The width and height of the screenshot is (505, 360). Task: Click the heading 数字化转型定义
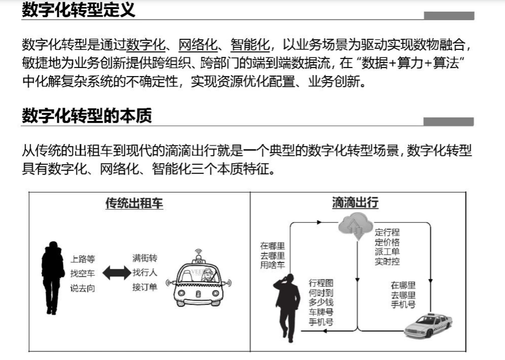click(79, 10)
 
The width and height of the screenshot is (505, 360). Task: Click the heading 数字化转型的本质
click(87, 116)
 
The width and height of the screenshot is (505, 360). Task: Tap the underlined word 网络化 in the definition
click(198, 45)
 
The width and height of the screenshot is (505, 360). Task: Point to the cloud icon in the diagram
click(355, 225)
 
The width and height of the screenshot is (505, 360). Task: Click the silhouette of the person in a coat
click(52, 277)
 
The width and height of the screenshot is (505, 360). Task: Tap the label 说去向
click(83, 289)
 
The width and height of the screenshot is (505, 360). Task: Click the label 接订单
click(145, 288)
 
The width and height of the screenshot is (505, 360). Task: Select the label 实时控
click(387, 262)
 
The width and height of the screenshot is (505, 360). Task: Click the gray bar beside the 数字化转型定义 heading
click(449, 16)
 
